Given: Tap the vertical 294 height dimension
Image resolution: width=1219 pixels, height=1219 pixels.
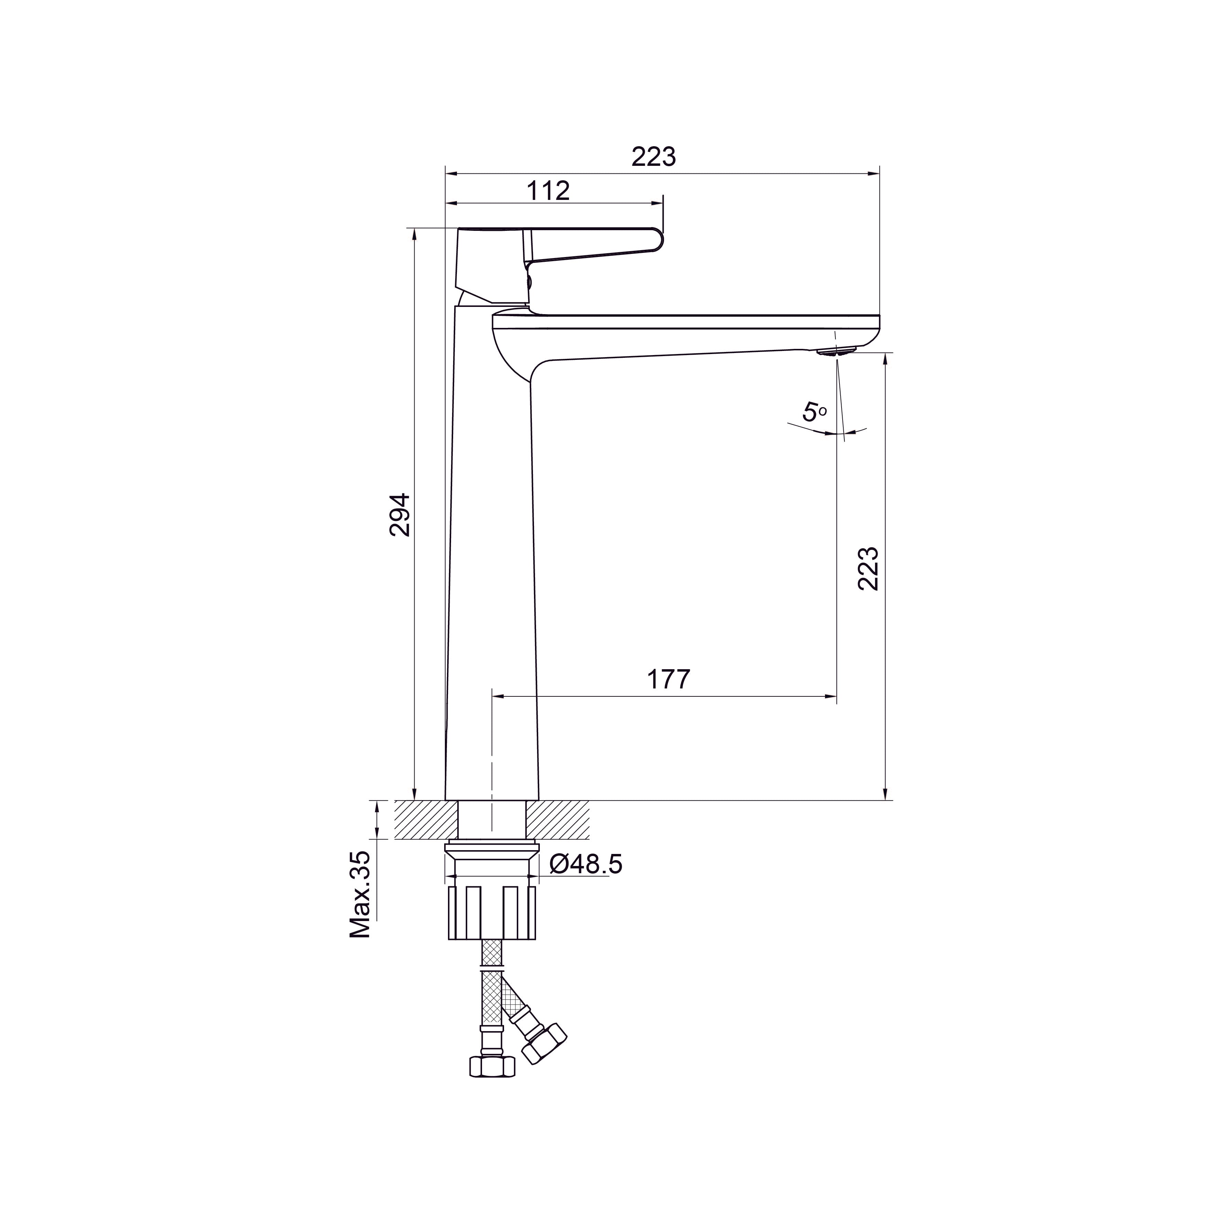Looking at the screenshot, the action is click(x=399, y=515).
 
